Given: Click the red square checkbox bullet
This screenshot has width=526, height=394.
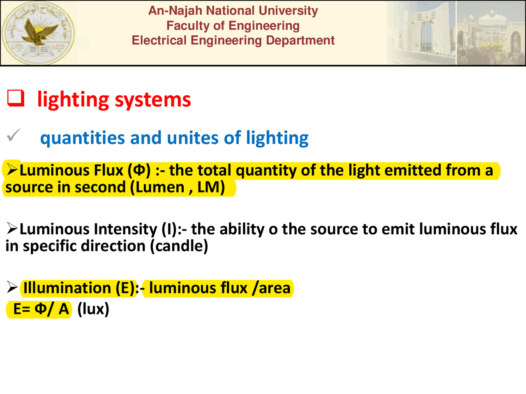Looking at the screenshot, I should (x=16, y=98).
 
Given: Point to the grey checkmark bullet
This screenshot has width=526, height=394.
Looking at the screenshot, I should (x=13, y=135).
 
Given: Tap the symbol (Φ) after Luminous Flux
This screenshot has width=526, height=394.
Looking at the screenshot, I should (x=139, y=170).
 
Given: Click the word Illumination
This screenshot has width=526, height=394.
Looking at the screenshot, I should (x=67, y=288).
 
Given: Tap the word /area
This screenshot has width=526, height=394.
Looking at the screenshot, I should (x=271, y=288).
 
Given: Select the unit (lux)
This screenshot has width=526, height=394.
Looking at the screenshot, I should (x=93, y=309).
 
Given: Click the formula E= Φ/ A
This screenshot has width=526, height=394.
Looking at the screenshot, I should (x=40, y=309).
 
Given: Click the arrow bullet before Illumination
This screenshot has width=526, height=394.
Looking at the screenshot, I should (x=12, y=288).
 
